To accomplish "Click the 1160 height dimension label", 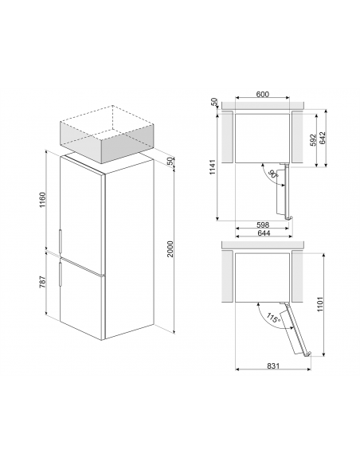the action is pos(43,200).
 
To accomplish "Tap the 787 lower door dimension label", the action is pos(43,282).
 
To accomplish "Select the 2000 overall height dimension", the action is pos(170,248).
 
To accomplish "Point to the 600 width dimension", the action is pos(263,94).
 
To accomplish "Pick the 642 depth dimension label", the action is pos(323,138).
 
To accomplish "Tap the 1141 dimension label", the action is pos(213,167).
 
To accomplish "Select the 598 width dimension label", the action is pos(263,225).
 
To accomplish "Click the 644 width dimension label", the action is pos(264,232).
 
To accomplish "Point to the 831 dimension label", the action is pos(273,366).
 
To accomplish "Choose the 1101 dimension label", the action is pos(319,303).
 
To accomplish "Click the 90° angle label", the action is pos(273,174).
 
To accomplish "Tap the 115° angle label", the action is pos(274,318).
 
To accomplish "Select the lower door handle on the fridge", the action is pos(61,274).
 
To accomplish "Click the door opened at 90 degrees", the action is pos(284,191).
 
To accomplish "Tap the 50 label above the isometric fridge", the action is pos(170,161).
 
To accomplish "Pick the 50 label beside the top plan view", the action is pos(214,102).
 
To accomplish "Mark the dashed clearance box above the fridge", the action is pos(108,134).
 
